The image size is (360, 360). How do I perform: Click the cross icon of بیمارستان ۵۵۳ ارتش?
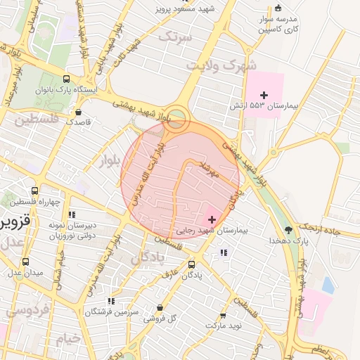coord(264,95)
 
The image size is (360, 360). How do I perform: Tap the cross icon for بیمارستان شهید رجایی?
coord(212,220)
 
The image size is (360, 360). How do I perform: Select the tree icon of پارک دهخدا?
coord(288,229)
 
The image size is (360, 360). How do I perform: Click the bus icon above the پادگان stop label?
coord(192,264)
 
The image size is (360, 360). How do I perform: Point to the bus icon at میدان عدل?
coord(26,262)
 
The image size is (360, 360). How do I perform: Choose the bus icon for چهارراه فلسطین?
coord(34,191)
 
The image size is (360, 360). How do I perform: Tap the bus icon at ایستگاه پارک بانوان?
coord(66,79)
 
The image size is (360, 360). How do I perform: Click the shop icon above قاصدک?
coord(78,111)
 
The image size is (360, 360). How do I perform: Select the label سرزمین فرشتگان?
coord(113,311)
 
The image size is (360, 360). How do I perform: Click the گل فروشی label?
coord(161,319)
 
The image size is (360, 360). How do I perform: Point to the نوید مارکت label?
coord(224,326)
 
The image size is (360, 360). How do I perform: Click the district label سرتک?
coord(175,37)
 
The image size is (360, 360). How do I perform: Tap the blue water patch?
coord(328,285)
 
